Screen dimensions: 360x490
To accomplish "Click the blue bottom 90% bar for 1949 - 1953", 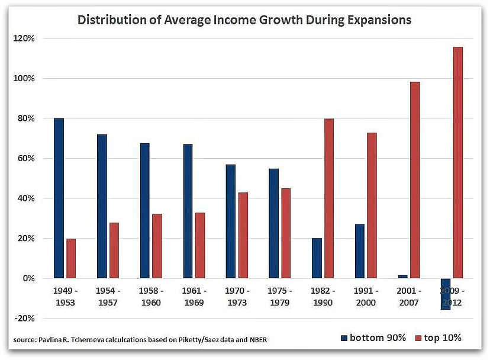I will [59, 198].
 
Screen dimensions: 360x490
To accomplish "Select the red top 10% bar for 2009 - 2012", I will [458, 163].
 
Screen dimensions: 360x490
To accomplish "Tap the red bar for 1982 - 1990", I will [329, 198].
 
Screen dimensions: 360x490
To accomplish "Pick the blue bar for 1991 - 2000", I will [359, 251].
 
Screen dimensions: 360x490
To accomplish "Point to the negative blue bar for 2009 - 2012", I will [445, 294].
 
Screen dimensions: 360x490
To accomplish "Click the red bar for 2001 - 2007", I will [415, 180].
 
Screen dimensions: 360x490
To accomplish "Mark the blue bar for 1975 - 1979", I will [273, 223].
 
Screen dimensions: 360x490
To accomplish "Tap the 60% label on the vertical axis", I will [25, 159].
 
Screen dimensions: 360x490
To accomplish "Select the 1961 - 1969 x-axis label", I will [194, 297].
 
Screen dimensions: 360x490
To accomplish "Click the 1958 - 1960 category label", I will [151, 297].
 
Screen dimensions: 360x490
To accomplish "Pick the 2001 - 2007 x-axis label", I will [409, 297].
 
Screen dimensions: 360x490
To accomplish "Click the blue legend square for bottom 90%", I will [344, 338].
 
